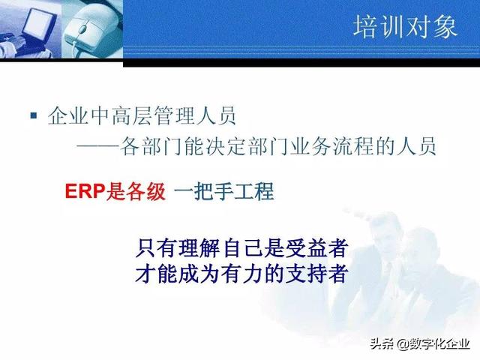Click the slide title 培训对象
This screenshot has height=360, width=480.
pyautogui.click(x=404, y=27)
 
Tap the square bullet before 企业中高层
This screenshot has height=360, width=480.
pyautogui.click(x=33, y=115)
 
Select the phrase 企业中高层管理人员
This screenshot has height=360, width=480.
pyautogui.click(x=141, y=116)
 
